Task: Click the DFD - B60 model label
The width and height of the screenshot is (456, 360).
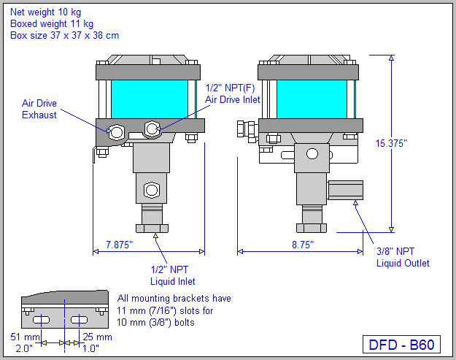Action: click(x=401, y=345)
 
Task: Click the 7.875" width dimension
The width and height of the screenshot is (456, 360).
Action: click(x=118, y=245)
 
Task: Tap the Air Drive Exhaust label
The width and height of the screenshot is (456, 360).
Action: click(x=39, y=109)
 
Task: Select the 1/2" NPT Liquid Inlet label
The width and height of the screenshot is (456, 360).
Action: click(x=173, y=275)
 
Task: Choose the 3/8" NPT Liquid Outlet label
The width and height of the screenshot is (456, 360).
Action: click(x=403, y=257)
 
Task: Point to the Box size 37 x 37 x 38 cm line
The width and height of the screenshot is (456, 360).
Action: click(x=65, y=35)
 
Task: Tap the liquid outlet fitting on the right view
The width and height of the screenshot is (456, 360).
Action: click(x=345, y=190)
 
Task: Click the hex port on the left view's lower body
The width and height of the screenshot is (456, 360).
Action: click(x=151, y=191)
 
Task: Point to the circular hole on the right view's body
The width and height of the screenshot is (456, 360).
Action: click(x=312, y=153)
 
